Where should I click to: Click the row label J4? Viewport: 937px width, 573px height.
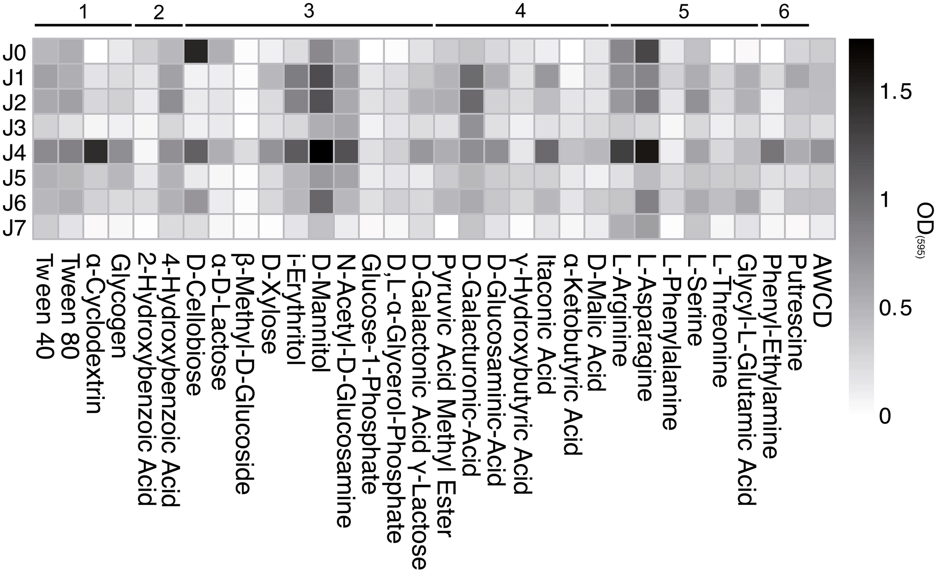(15, 153)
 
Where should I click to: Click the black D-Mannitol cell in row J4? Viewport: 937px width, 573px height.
(321, 152)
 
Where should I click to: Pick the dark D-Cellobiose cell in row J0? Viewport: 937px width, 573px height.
(196, 51)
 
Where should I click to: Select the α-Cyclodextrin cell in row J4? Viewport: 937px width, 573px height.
(96, 152)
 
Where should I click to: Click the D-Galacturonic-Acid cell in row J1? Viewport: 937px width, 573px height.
(472, 77)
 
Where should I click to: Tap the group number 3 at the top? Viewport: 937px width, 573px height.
(309, 11)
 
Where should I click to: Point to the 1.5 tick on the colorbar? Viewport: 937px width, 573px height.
(896, 92)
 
